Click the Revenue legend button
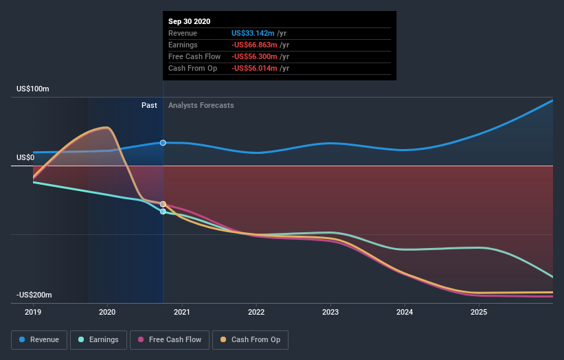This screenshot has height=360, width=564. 40,339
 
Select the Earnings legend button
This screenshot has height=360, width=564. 99,339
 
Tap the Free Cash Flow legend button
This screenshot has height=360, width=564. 169,339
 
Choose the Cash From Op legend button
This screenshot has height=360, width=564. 250,339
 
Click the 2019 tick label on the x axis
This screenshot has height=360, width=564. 33,311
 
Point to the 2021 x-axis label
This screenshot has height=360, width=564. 182,311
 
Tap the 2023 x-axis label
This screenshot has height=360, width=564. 330,311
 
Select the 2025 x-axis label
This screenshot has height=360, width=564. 479,311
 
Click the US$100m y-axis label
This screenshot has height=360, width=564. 34,89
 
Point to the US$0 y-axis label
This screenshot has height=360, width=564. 25,158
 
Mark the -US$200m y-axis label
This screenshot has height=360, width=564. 35,295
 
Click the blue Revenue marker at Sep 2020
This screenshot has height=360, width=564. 163,143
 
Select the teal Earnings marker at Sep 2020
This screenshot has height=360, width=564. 163,212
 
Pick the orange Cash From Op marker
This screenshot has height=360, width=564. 163,204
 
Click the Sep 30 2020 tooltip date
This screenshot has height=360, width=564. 190,21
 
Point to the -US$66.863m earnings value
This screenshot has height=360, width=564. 256,45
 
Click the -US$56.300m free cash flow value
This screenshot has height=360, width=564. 256,56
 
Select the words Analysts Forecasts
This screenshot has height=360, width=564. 201,106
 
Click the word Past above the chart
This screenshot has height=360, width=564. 149,106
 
